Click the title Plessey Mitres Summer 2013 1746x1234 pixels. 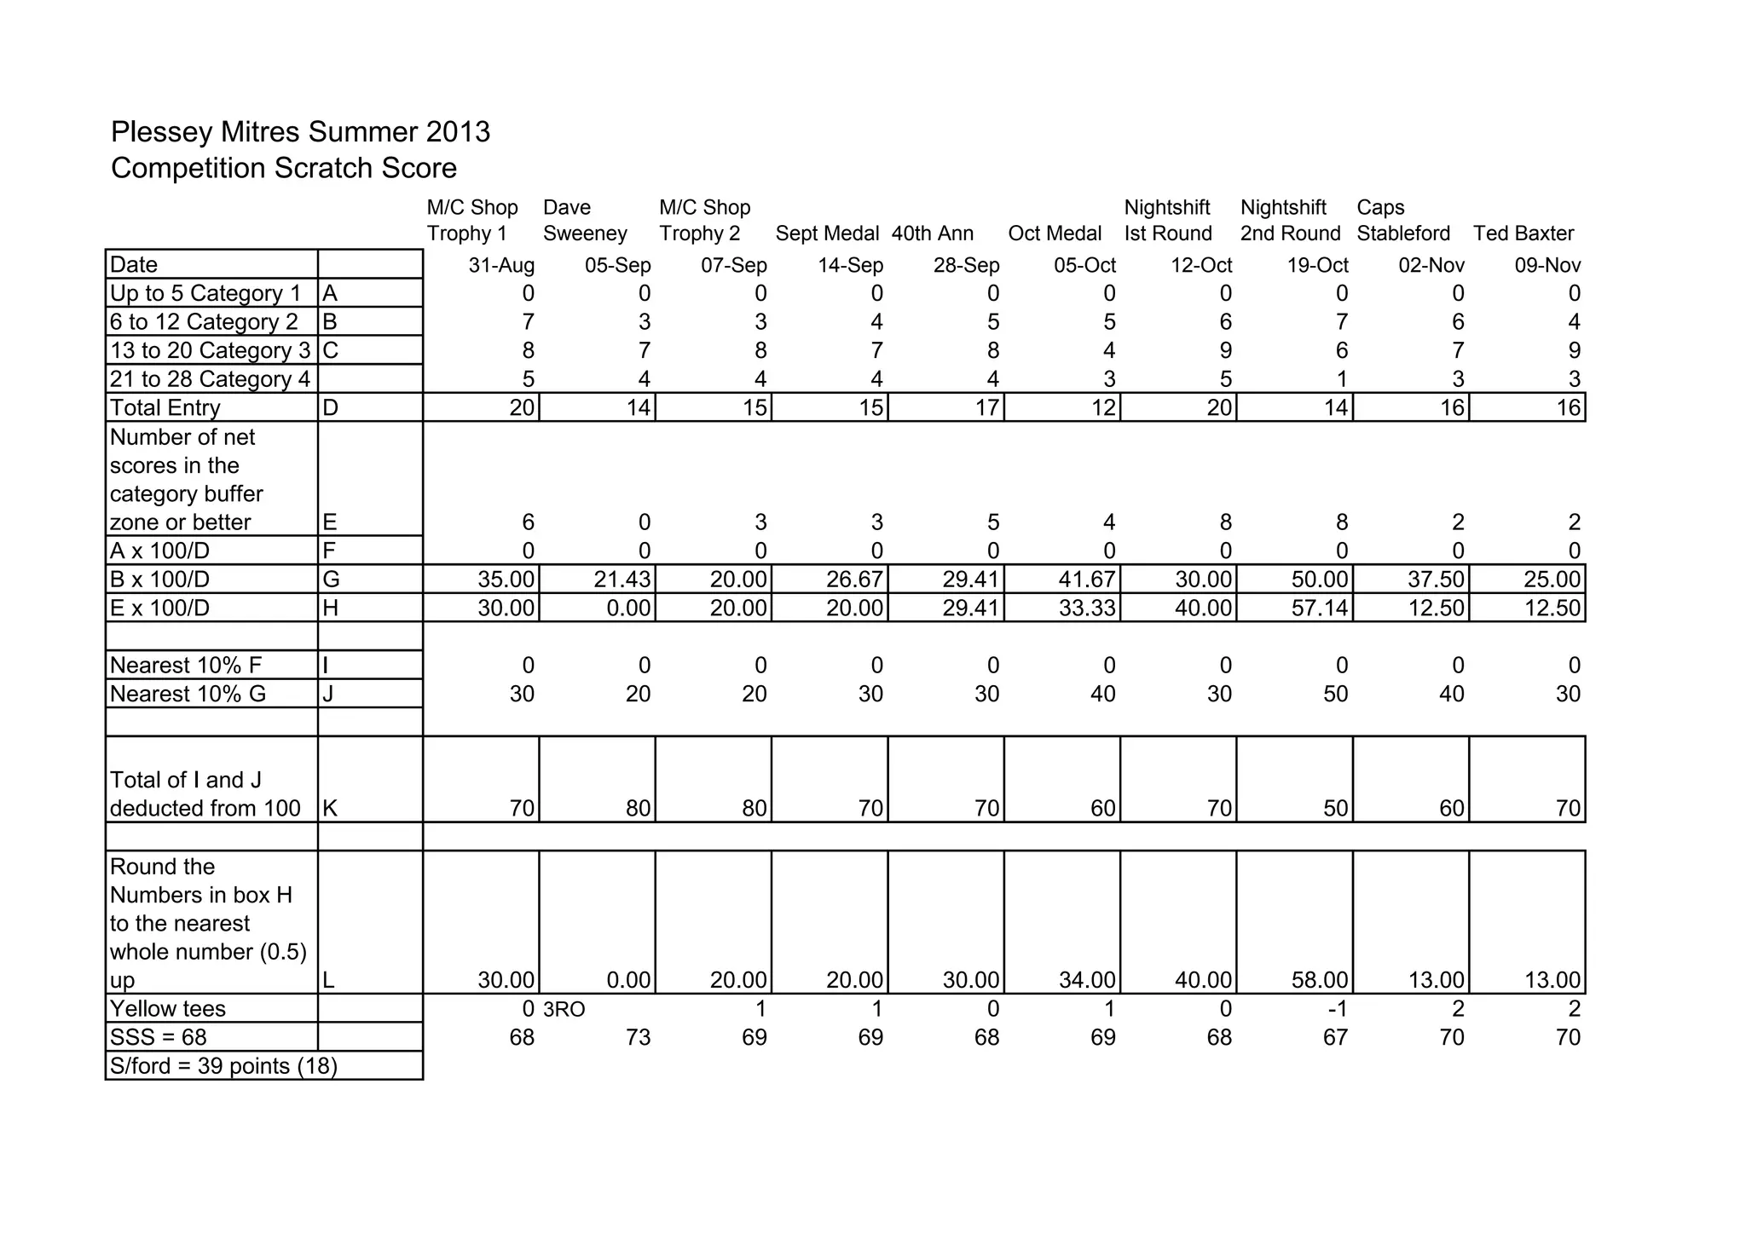(300, 132)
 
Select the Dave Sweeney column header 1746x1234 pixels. (585, 221)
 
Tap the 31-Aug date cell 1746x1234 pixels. (501, 266)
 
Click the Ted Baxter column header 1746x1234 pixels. (1523, 234)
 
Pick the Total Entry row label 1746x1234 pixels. (165, 408)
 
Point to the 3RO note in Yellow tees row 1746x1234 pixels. (564, 1010)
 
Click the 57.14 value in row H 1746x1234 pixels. (1319, 608)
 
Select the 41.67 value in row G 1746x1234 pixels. (1087, 580)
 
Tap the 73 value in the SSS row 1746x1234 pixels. (638, 1038)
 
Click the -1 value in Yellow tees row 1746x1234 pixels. (1336, 1010)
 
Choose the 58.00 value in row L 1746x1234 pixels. (1319, 981)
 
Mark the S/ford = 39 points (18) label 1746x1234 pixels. (223, 1067)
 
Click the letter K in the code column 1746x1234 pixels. (331, 809)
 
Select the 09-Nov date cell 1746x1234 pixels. (1547, 266)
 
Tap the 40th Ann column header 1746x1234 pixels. (933, 234)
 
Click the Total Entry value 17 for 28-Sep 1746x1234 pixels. (986, 408)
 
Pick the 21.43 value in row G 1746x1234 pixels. (622, 580)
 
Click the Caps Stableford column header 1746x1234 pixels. (1403, 221)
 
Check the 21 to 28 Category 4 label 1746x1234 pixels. (210, 379)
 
